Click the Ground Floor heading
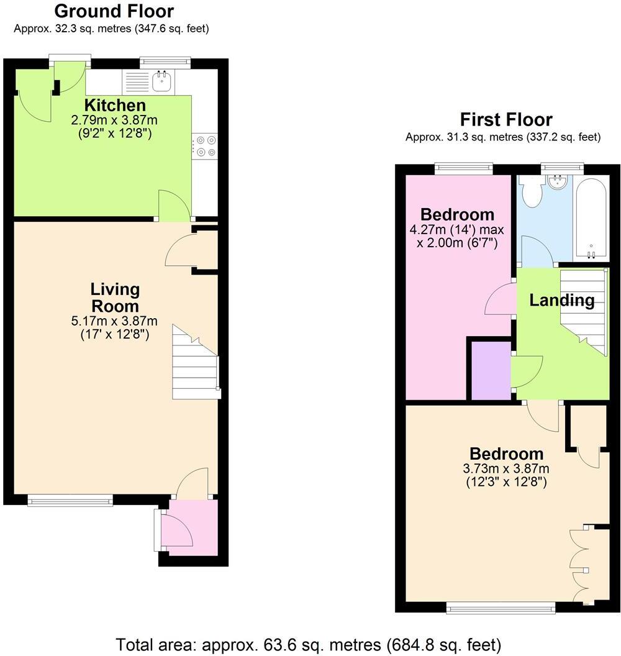(114, 11)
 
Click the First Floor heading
(505, 119)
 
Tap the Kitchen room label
(115, 105)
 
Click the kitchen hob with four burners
(206, 147)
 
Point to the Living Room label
(115, 298)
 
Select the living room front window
(70, 500)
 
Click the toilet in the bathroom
(532, 192)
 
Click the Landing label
(561, 301)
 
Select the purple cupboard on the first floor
(491, 371)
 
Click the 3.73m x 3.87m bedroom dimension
(506, 468)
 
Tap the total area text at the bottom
(308, 644)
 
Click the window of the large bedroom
(501, 609)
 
